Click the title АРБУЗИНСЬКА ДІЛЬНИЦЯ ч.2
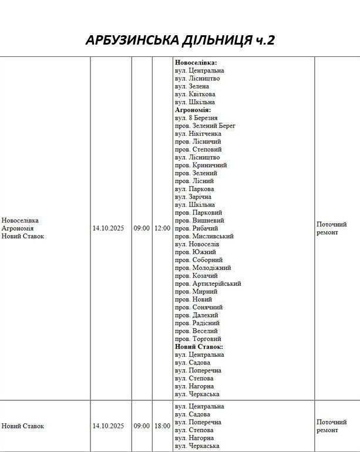(180, 40)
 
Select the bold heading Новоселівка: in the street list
(196, 62)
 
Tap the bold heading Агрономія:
(193, 110)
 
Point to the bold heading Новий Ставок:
(198, 347)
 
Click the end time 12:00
(162, 228)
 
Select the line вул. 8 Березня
(196, 118)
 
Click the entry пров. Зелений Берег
(205, 126)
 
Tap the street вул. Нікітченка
(198, 134)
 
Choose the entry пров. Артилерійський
(208, 284)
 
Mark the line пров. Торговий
(198, 339)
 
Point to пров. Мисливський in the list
(204, 236)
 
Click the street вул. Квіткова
(195, 94)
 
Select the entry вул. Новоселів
(197, 244)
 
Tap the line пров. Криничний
(201, 166)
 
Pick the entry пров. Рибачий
(197, 228)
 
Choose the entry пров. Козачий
(196, 276)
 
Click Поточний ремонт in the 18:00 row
(332, 426)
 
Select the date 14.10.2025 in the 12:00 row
(109, 228)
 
